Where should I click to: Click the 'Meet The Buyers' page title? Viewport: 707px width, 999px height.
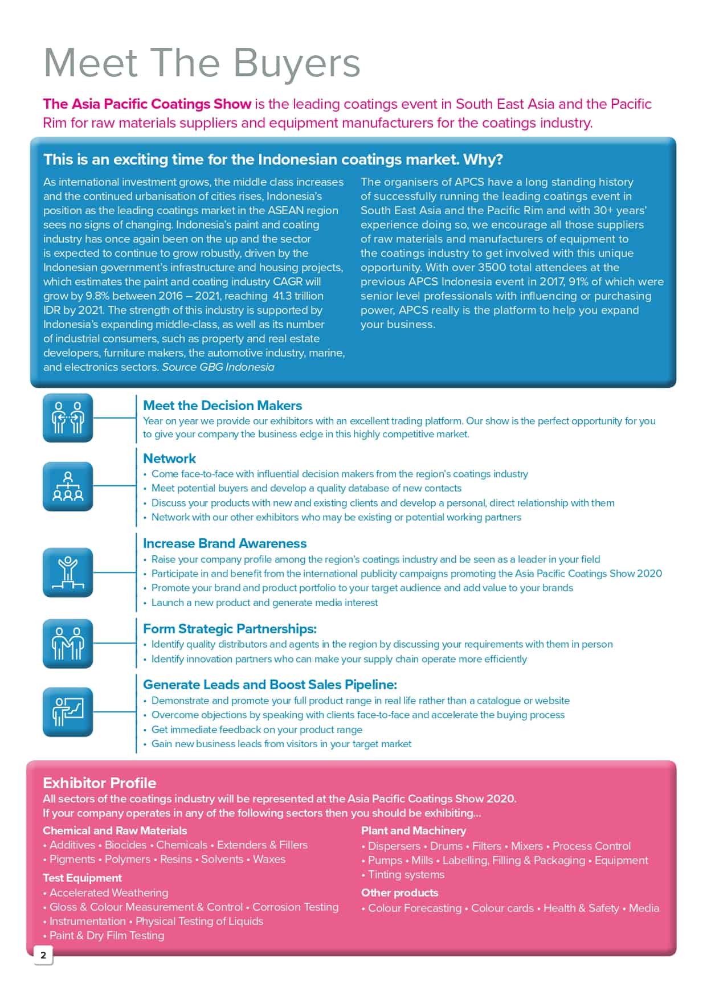[x=202, y=63]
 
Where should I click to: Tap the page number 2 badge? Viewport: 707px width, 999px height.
[x=43, y=955]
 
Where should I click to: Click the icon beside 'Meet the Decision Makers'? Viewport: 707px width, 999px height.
[x=68, y=418]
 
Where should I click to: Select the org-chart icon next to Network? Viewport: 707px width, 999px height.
[x=68, y=486]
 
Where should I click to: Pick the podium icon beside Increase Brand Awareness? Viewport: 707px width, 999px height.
[x=68, y=572]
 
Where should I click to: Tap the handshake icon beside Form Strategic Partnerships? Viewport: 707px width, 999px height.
[x=68, y=644]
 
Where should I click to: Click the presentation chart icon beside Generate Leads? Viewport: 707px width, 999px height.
[x=68, y=712]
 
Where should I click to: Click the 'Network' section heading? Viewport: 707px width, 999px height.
[x=169, y=458]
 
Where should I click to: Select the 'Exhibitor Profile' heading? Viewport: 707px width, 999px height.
[x=99, y=783]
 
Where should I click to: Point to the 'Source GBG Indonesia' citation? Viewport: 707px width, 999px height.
[x=218, y=367]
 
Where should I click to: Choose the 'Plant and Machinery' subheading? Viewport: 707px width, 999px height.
[x=414, y=830]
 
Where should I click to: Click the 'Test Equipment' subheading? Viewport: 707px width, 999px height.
[x=82, y=878]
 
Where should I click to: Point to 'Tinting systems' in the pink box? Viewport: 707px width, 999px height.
[x=406, y=874]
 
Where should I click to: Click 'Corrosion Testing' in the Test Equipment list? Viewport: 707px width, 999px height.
[x=295, y=907]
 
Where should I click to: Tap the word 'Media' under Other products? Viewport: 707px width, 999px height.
[x=644, y=908]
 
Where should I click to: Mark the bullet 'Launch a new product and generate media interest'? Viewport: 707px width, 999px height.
[x=264, y=603]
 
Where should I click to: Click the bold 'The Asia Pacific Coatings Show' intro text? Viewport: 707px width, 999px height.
[x=147, y=104]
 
